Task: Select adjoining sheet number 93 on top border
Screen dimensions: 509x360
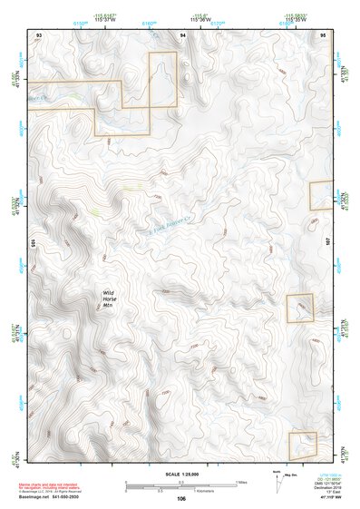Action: pyautogui.click(x=38, y=34)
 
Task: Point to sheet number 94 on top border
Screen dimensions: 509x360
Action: pyautogui.click(x=182, y=34)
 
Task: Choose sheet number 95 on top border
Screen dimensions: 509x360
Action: pyautogui.click(x=323, y=34)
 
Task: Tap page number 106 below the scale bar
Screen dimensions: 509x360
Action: pyautogui.click(x=181, y=498)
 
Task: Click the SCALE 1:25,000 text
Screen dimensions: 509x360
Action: pyautogui.click(x=180, y=475)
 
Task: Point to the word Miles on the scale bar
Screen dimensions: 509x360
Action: pyautogui.click(x=241, y=482)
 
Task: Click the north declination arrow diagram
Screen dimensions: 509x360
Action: pyautogui.click(x=277, y=481)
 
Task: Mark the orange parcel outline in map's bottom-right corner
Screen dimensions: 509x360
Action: pyautogui.click(x=302, y=444)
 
